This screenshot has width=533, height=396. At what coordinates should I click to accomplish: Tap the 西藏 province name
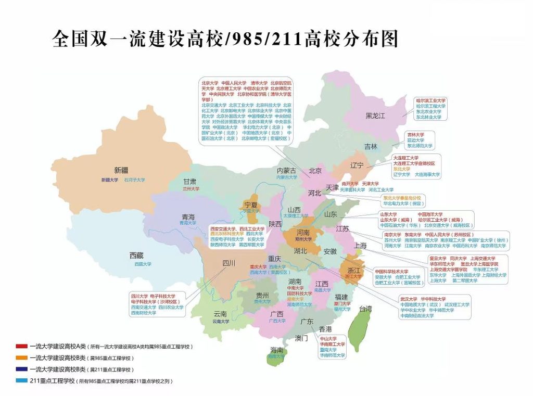136,255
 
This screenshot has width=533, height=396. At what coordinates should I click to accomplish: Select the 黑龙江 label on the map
375,116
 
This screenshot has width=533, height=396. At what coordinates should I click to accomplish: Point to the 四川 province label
229,263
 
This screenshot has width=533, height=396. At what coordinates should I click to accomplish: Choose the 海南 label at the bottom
277,350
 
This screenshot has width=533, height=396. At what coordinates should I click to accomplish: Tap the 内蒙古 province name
286,170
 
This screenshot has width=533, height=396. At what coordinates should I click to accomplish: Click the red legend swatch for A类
21,346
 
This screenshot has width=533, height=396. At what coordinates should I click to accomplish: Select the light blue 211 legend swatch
21,381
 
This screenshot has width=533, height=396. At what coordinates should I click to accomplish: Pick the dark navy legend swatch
21,369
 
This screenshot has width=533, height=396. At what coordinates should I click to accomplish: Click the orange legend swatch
21,358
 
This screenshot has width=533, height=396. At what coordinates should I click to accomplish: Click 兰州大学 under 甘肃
191,189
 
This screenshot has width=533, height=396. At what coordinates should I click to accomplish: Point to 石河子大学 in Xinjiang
134,180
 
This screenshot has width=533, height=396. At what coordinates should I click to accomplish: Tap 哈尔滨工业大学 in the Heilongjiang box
430,100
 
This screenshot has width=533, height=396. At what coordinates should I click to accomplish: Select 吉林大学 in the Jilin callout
415,134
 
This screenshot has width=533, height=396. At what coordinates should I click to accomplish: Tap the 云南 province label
220,314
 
